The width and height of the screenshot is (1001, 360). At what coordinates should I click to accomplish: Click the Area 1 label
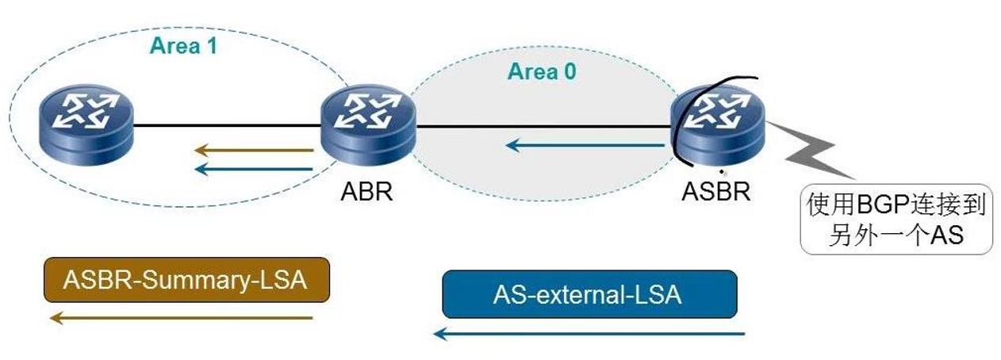click(x=183, y=46)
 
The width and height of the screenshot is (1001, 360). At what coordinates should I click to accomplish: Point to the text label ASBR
click(x=716, y=192)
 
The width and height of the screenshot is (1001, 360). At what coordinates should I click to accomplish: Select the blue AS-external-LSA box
click(x=589, y=294)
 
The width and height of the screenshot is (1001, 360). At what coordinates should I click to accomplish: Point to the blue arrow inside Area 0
click(x=585, y=145)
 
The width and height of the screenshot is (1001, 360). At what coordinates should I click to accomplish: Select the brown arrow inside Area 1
click(x=254, y=148)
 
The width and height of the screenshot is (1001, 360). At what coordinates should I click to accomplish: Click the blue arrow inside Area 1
click(x=254, y=167)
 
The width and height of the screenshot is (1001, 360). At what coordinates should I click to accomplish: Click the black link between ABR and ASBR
click(x=543, y=126)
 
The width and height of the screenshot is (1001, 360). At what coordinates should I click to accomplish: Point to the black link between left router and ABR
click(x=227, y=124)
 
